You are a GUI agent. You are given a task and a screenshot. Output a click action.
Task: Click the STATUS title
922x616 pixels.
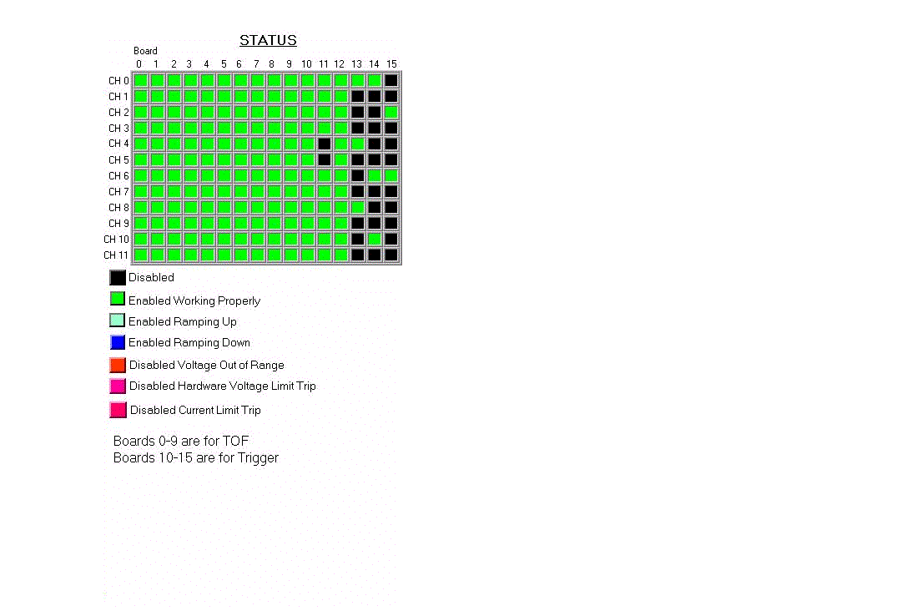click(268, 40)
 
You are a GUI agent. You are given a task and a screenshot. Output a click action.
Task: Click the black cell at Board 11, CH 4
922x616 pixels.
click(324, 144)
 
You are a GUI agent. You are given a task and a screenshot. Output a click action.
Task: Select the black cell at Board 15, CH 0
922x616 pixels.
click(391, 80)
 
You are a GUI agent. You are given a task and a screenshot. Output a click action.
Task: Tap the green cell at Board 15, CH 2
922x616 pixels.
click(391, 112)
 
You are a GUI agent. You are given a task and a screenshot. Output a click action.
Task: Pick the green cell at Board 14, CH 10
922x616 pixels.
click(375, 239)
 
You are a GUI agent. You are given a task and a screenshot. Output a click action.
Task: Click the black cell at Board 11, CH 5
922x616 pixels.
click(324, 159)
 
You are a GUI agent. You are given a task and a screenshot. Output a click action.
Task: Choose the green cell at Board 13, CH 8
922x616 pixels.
click(357, 207)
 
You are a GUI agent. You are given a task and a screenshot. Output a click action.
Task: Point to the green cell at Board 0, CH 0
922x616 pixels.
click(140, 80)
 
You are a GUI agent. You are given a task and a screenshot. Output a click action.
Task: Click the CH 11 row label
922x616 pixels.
click(116, 255)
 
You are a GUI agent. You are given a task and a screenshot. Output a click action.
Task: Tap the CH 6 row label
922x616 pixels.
click(118, 176)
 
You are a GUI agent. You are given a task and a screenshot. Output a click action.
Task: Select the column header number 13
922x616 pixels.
click(357, 64)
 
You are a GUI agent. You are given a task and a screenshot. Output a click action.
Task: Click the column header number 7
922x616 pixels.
click(256, 64)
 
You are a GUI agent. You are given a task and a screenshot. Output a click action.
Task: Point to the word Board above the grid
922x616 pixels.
click(145, 51)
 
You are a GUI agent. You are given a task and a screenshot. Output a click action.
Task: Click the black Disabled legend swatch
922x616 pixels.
click(118, 278)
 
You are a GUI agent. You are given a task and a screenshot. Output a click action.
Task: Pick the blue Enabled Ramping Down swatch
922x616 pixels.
click(118, 342)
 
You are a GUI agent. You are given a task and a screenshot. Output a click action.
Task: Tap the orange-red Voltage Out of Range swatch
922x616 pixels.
click(118, 365)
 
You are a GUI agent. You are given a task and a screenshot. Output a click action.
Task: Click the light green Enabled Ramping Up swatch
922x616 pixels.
click(118, 321)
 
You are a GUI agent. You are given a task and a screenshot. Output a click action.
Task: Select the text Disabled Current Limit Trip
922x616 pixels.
click(195, 410)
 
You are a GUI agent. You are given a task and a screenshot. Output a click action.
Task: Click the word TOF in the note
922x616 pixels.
click(235, 441)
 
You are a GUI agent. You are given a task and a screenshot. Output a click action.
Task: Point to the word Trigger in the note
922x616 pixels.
click(258, 458)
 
